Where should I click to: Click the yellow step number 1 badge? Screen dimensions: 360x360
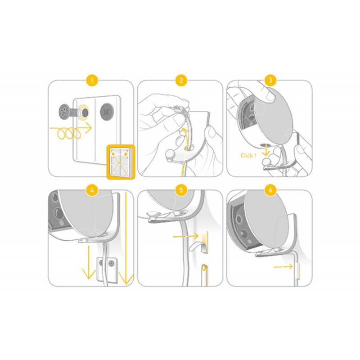coord(91,81)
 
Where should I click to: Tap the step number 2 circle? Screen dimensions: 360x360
coord(180,81)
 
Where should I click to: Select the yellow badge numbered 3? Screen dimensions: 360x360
coord(270,81)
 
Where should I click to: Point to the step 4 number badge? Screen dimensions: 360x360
coord(91,190)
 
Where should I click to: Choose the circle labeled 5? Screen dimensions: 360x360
coord(180,190)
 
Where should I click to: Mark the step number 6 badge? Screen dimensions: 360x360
coord(270,190)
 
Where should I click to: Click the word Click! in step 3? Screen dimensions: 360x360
coord(248,155)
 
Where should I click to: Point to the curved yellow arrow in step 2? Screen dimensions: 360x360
coord(183,135)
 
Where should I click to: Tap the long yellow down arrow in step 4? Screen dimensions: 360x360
coord(126,238)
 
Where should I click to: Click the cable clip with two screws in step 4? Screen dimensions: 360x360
coord(107,267)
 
